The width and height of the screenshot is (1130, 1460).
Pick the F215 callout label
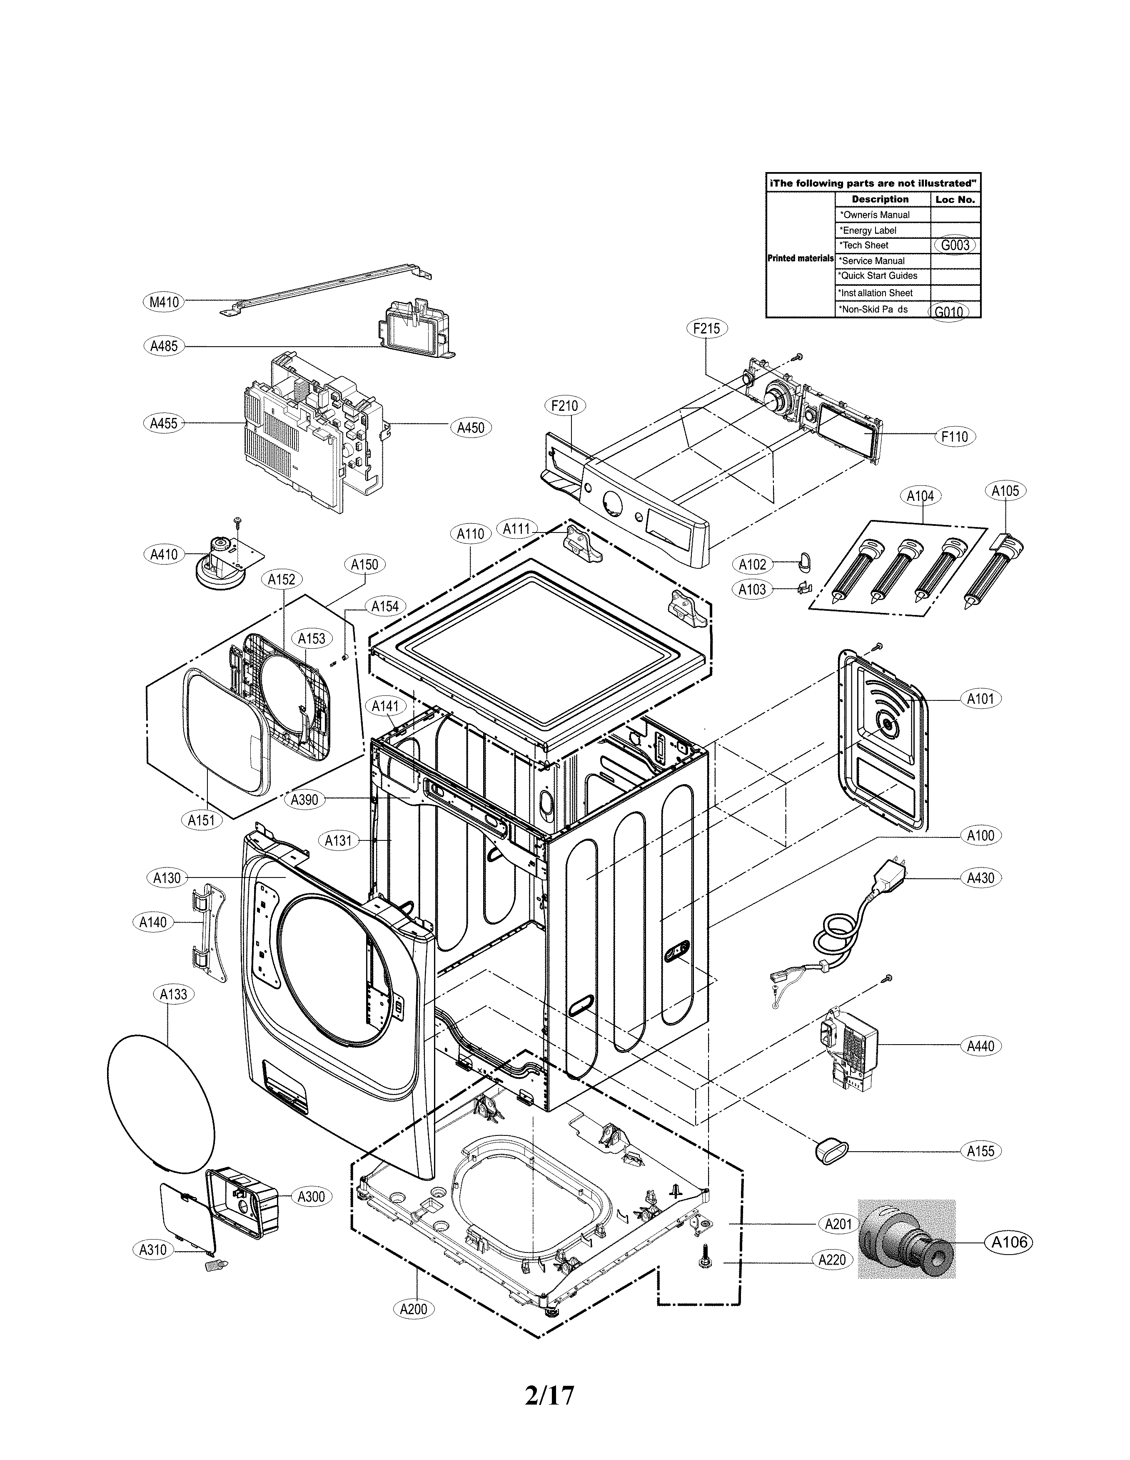[706, 328]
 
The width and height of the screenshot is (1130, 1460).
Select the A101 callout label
[981, 699]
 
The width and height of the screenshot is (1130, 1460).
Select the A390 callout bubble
[305, 800]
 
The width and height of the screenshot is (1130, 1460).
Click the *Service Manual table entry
[873, 261]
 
